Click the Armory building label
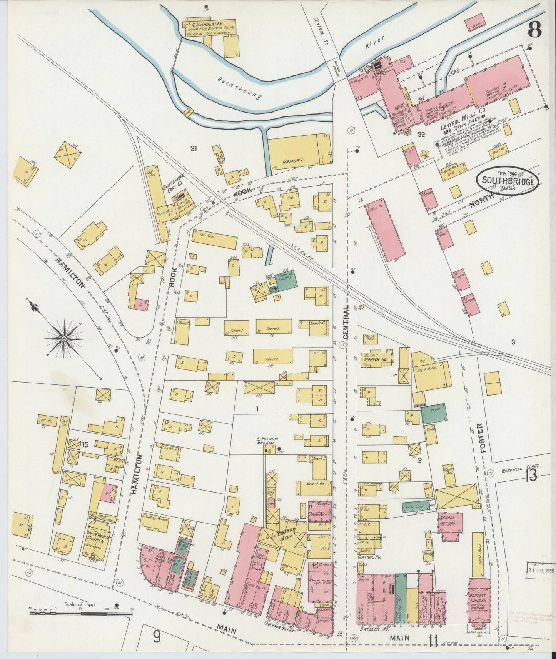(294, 161)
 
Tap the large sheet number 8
(535, 29)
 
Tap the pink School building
(449, 523)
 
